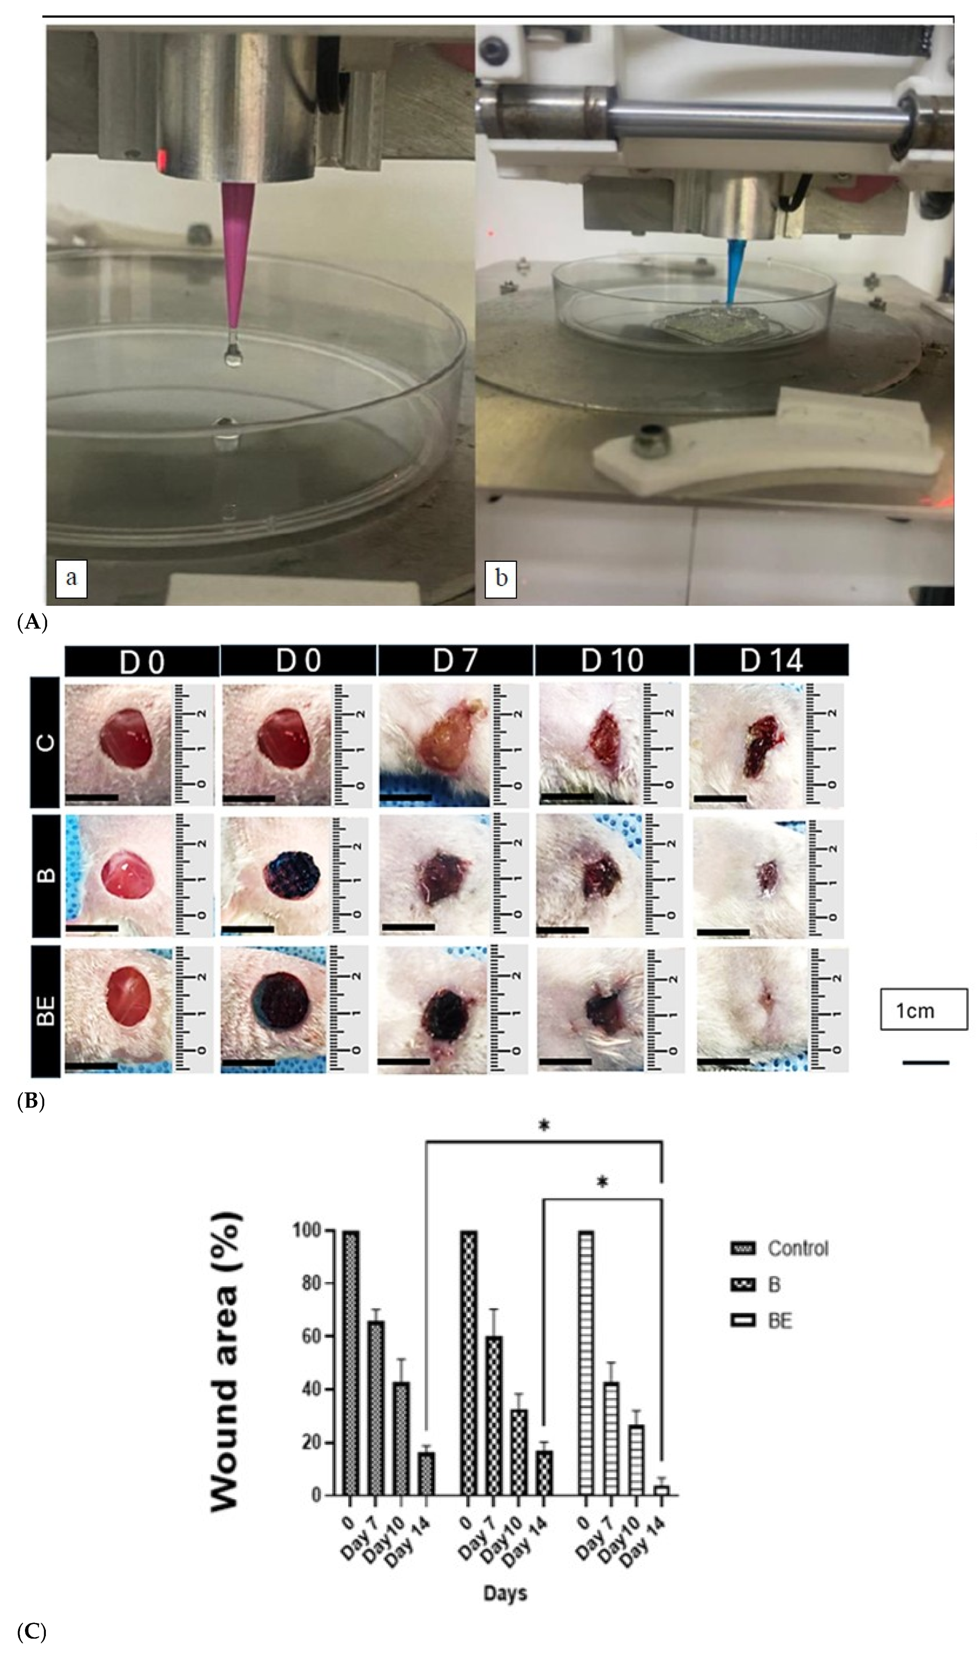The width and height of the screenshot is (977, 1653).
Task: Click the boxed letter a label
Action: click(x=71, y=578)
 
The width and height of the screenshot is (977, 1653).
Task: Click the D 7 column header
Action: click(x=455, y=660)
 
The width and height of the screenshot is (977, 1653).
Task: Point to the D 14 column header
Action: click(x=770, y=660)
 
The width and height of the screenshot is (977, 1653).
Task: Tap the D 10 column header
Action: click(x=612, y=660)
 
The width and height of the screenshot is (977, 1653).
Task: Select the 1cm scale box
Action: click(x=924, y=1009)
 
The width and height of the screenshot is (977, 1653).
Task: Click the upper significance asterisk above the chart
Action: click(x=544, y=1126)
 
